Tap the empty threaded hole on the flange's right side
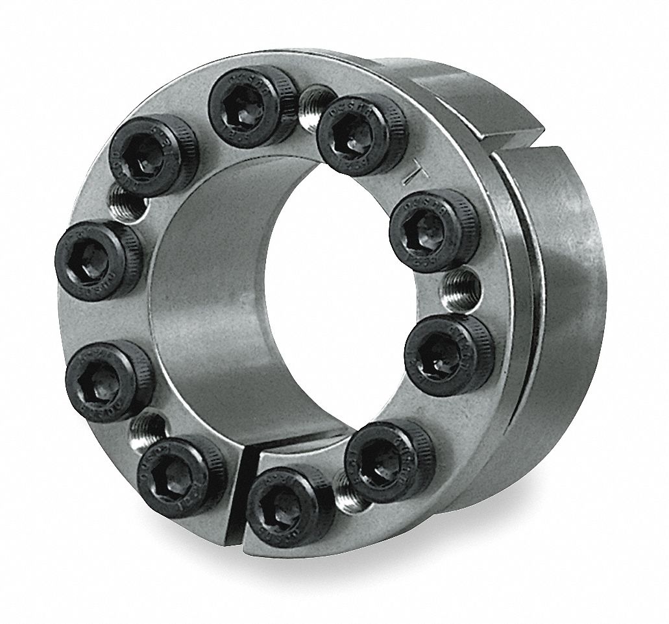coord(463,283)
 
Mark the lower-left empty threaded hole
coord(148,426)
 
